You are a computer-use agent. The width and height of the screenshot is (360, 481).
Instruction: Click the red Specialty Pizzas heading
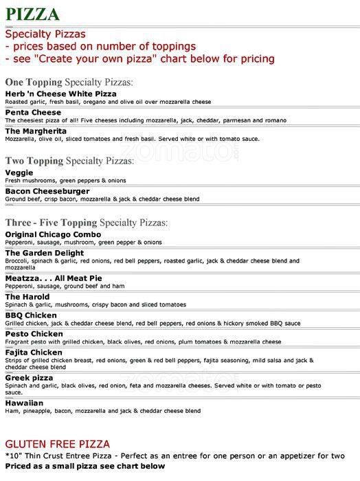tap(46, 34)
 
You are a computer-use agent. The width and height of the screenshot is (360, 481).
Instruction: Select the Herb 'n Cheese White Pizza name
tap(60, 93)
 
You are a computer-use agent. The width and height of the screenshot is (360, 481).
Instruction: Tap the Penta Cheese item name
tap(33, 112)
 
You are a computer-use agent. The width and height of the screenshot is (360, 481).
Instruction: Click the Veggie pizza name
tap(19, 172)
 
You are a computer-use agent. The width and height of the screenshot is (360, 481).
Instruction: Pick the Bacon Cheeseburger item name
tap(48, 191)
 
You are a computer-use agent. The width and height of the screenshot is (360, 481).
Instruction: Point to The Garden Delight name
tap(45, 252)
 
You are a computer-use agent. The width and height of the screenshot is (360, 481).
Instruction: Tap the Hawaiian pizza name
tap(24, 403)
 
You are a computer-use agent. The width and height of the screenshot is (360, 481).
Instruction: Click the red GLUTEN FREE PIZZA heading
tap(58, 445)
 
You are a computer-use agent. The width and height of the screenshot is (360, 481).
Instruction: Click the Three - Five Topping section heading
tap(87, 223)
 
